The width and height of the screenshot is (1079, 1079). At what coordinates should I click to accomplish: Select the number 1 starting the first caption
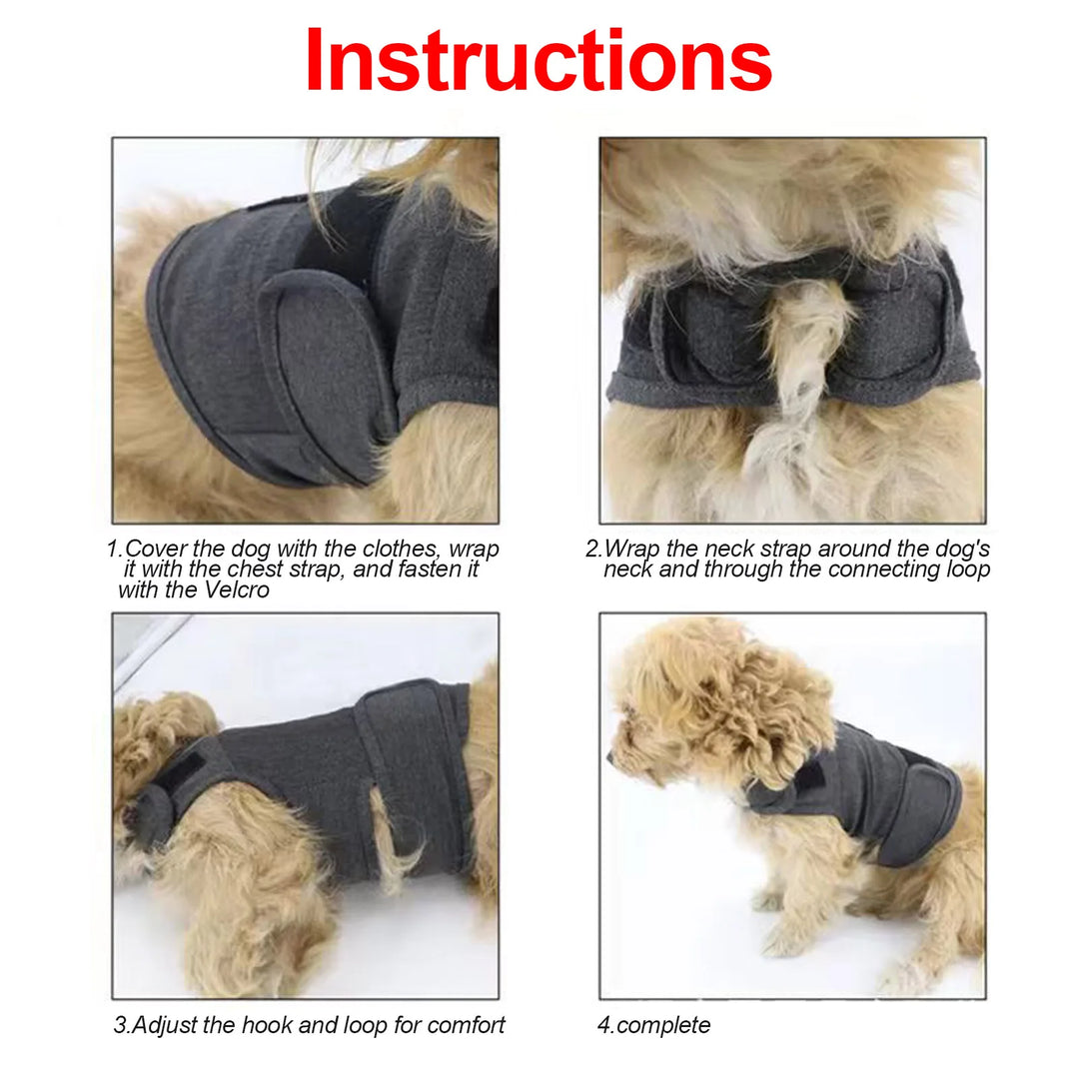coord(112,549)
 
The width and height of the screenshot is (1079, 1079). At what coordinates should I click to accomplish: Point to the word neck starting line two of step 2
coord(626,569)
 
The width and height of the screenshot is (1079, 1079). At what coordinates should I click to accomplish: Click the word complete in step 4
coord(663,1025)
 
